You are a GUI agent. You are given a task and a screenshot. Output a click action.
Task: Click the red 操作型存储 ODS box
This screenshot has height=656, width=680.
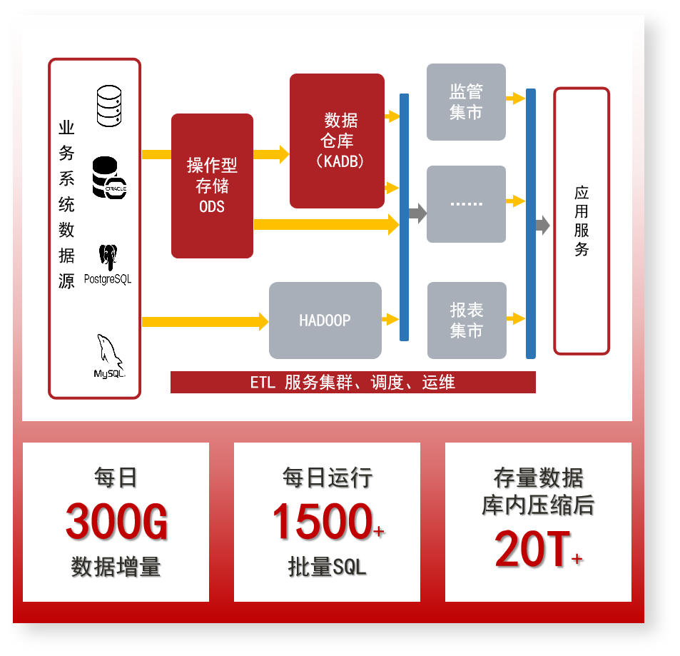(212, 186)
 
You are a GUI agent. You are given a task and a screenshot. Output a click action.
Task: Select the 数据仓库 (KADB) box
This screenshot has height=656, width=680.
(337, 141)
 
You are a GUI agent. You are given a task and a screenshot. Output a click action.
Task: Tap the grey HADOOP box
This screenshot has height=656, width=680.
(325, 321)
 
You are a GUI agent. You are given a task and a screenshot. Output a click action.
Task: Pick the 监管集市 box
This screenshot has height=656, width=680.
(466, 102)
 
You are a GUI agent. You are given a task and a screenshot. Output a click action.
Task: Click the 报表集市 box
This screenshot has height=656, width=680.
(467, 321)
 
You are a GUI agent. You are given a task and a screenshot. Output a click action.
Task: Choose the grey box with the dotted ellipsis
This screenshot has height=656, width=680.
(466, 204)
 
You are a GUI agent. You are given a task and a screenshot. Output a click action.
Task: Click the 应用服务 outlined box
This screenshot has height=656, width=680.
(582, 221)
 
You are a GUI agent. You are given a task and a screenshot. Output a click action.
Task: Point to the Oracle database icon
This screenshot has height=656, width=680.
(109, 178)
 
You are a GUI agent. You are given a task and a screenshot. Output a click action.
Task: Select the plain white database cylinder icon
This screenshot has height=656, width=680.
(109, 106)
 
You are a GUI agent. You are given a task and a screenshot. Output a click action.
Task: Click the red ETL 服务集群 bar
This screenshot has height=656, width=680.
(352, 383)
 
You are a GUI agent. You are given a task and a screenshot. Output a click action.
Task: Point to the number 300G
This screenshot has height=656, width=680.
(116, 523)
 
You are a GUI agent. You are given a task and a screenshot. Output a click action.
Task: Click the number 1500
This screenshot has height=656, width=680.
(322, 523)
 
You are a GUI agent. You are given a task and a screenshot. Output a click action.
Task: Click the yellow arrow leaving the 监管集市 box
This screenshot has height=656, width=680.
(515, 98)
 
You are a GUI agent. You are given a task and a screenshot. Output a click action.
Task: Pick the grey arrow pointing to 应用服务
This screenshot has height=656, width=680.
(543, 225)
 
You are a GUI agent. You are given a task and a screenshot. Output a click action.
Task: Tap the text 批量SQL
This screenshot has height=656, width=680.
(327, 567)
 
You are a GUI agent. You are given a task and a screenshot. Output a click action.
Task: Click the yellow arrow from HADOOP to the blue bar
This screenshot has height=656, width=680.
(390, 319)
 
